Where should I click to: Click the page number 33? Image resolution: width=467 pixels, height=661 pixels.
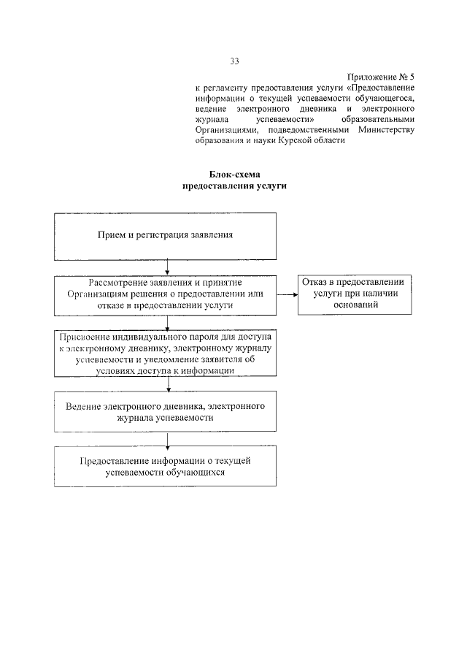[233, 61]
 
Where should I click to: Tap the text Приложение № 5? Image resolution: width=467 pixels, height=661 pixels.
[380, 76]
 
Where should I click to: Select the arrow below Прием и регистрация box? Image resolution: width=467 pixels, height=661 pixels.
[168, 267]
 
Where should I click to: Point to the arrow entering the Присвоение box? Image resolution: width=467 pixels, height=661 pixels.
[168, 322]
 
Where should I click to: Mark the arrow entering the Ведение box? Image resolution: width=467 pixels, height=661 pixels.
[168, 384]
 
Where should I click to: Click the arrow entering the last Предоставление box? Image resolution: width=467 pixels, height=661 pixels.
[168, 440]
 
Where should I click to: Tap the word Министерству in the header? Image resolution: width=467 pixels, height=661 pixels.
[387, 129]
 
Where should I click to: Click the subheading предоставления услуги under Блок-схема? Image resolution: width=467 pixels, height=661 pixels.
[233, 186]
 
